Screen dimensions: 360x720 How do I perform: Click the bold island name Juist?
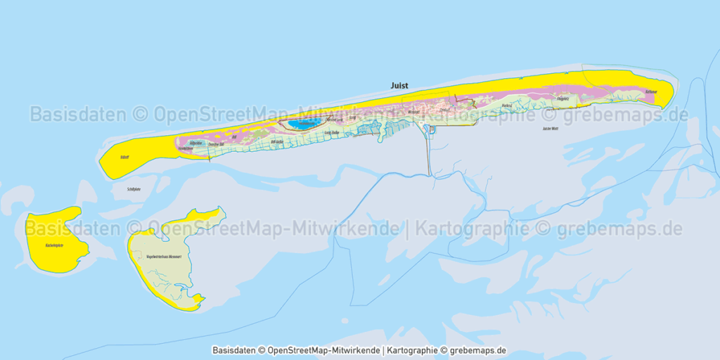click(399, 85)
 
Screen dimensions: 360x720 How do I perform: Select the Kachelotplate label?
click(55, 245)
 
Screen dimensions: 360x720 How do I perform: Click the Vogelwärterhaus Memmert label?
click(164, 257)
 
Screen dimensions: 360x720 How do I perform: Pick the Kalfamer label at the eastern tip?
click(650, 92)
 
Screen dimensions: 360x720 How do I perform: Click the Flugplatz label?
click(562, 100)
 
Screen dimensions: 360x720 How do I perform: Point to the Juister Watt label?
click(551, 129)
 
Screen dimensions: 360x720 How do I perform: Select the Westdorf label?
click(413, 112)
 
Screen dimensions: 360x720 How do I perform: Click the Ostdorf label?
click(444, 110)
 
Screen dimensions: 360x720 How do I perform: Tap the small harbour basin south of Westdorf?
click(432, 129)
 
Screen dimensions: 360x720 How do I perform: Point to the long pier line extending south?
click(429, 155)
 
